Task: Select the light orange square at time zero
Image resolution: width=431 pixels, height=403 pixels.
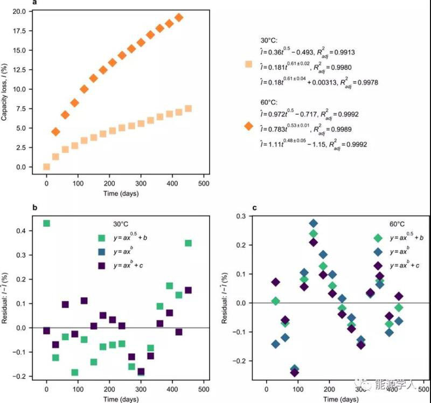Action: point(46,166)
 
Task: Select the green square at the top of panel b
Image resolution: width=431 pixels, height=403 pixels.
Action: point(46,223)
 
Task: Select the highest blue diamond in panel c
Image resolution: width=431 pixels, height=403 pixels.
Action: point(313,224)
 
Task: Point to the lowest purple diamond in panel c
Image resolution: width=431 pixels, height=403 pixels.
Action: point(295,372)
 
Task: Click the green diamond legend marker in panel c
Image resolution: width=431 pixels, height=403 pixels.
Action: point(378,238)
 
